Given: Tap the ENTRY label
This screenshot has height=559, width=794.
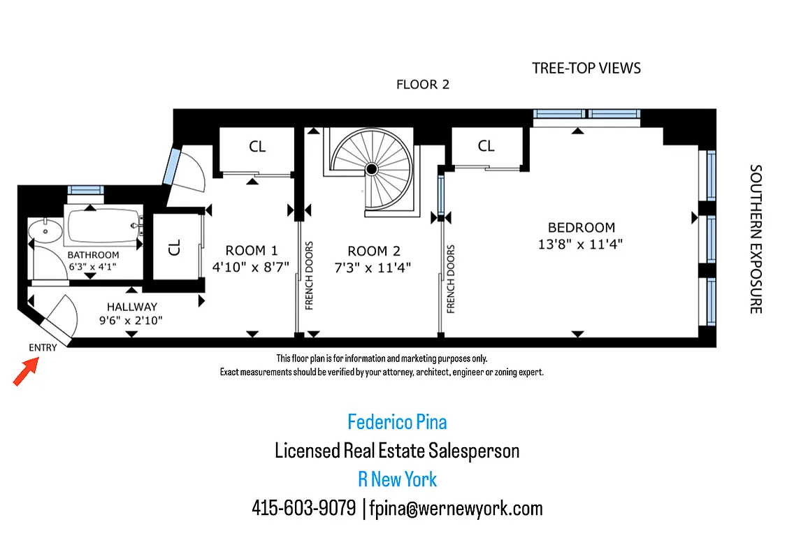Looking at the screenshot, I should click(x=43, y=348).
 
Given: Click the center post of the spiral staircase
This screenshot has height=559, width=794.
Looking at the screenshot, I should click(x=372, y=168).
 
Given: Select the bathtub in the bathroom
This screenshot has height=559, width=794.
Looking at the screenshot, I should click(x=103, y=224).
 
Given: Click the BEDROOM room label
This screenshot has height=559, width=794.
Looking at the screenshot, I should click(x=581, y=228).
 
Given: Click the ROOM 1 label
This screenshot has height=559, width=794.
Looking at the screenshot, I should click(x=252, y=250).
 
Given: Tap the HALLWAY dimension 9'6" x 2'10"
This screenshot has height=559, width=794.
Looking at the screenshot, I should click(x=131, y=322).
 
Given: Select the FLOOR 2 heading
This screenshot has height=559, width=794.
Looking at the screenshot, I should click(x=422, y=85).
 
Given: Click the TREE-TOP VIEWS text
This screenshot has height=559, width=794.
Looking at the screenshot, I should click(x=586, y=68).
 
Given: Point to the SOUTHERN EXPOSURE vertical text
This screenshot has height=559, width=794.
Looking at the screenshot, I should click(x=755, y=239).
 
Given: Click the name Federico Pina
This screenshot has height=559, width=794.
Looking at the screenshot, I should click(x=397, y=422).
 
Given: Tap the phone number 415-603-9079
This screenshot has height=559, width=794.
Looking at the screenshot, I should click(x=303, y=508).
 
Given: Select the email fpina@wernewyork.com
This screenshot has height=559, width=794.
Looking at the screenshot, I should click(x=456, y=508).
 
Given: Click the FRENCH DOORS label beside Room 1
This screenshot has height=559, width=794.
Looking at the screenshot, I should click(x=309, y=275).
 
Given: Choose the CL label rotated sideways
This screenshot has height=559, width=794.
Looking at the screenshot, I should click(x=175, y=246).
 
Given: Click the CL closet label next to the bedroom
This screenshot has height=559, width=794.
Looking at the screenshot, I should click(x=486, y=146).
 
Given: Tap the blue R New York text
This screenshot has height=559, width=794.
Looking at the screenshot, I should click(x=397, y=479).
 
